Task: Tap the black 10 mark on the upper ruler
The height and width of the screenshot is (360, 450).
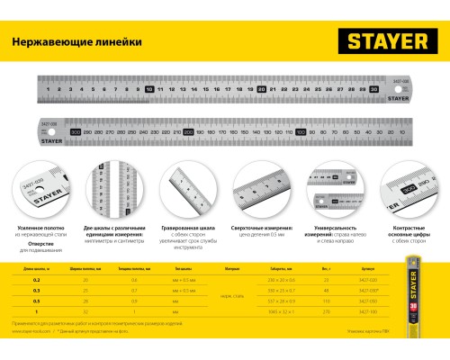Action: (x=149, y=90)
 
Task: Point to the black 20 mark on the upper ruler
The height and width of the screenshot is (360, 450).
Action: (x=260, y=90)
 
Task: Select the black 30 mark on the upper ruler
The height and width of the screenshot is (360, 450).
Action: (x=372, y=90)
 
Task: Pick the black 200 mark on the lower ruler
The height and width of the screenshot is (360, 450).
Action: (x=188, y=131)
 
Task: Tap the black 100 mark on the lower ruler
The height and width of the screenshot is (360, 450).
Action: (x=300, y=131)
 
